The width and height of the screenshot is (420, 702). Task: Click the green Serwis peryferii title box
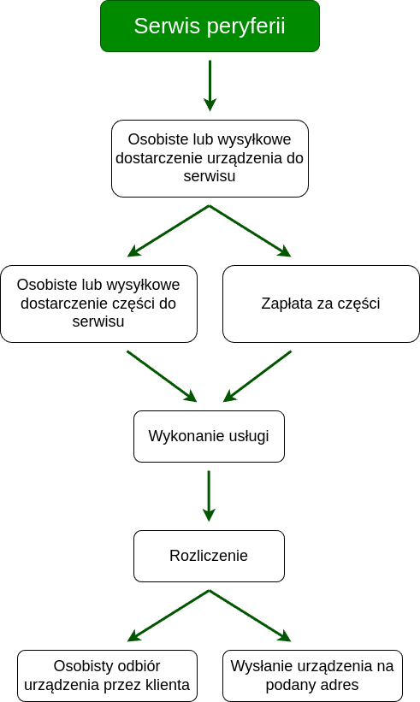click(210, 26)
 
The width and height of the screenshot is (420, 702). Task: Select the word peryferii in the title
click(246, 27)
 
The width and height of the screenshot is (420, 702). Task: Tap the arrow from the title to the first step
click(210, 86)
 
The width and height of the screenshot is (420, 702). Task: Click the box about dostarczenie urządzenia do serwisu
click(210, 158)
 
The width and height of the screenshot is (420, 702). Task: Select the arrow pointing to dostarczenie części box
click(169, 231)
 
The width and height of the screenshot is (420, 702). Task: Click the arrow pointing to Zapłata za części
click(251, 231)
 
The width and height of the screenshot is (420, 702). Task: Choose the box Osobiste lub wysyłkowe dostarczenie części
click(98, 304)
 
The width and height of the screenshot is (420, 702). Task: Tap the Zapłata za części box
click(321, 304)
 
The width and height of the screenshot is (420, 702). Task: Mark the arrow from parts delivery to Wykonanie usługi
click(162, 376)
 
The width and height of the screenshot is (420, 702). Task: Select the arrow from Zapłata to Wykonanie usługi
click(257, 376)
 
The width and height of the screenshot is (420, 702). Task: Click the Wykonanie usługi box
click(209, 437)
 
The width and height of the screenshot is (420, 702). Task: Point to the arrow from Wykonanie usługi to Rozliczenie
click(209, 496)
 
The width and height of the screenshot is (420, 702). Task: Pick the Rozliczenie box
click(209, 557)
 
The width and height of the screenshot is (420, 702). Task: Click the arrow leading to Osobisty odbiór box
click(169, 616)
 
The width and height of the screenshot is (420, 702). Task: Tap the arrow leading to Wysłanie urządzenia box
click(251, 616)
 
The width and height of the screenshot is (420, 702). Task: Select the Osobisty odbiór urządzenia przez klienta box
click(108, 676)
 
